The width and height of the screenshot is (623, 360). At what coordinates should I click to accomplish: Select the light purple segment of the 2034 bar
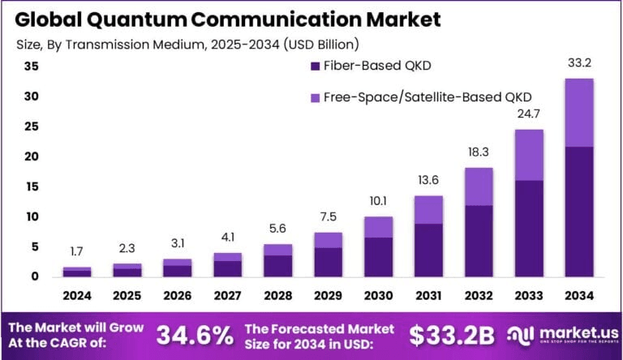(579, 112)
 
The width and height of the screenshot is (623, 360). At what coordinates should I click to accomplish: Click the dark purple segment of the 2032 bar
(479, 241)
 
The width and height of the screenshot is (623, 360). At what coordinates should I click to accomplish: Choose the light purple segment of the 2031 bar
(428, 209)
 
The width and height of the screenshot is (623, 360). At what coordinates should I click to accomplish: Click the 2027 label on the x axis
(228, 295)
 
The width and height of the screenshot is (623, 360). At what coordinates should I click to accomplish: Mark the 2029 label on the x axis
(328, 295)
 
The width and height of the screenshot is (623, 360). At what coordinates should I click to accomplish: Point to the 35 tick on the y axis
(31, 67)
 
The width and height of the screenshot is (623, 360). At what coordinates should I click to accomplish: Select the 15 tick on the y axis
(31, 186)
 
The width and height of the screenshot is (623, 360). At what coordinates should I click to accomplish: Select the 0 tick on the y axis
(34, 276)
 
